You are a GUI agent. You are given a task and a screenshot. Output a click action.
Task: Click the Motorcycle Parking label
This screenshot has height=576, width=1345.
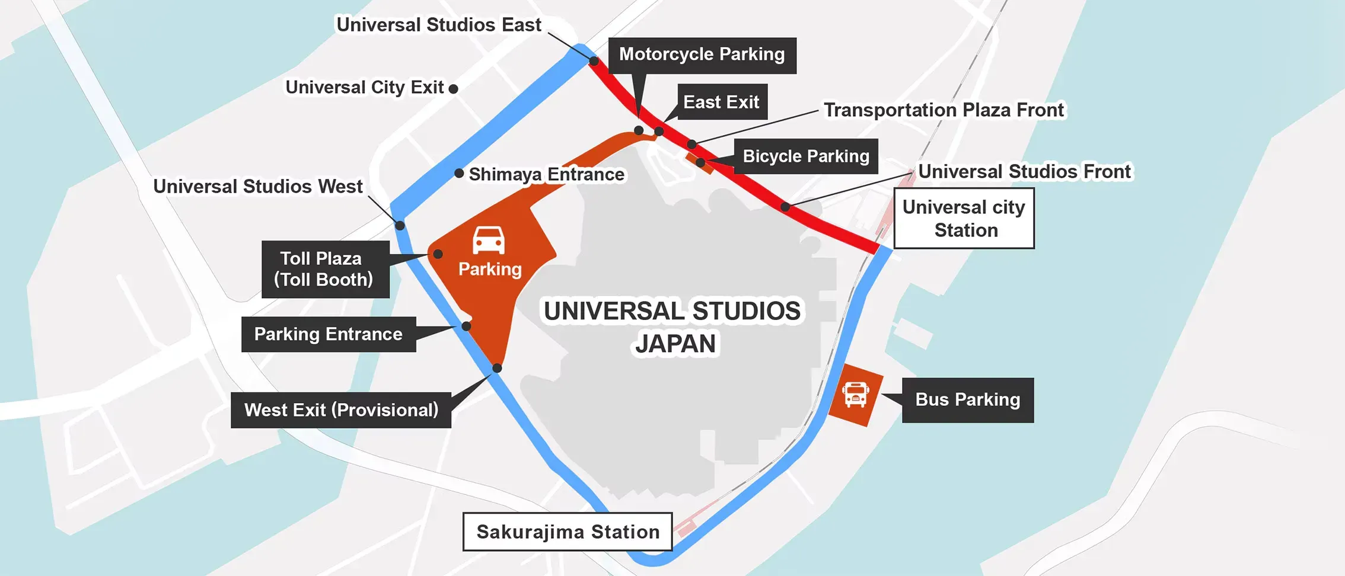(x=702, y=55)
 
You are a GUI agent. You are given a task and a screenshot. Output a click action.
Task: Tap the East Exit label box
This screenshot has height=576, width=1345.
(x=722, y=102)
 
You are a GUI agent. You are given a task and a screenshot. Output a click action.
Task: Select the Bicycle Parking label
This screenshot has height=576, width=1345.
(x=806, y=156)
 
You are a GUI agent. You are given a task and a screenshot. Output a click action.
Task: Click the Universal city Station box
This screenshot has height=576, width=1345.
(x=964, y=218)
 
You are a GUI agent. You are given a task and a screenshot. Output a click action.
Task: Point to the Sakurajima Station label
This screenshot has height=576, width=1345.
(x=568, y=532)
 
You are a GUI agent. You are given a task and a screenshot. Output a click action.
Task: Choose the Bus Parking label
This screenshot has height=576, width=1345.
(x=967, y=400)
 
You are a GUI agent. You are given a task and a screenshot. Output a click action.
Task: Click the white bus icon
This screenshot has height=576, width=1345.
(x=855, y=395)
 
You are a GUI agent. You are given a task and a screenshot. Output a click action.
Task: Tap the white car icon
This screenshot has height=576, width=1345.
(x=489, y=240)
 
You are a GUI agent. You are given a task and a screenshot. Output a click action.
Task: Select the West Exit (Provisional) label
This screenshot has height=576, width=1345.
(x=341, y=410)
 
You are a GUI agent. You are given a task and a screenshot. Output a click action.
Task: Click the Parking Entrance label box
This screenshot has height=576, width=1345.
(x=329, y=334)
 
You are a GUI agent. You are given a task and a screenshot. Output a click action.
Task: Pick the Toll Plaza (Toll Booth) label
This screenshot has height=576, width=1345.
(x=325, y=269)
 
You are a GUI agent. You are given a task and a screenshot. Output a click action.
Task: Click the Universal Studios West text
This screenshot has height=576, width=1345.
(x=257, y=187)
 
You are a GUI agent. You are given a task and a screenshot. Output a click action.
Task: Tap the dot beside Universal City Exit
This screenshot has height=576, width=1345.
(x=454, y=89)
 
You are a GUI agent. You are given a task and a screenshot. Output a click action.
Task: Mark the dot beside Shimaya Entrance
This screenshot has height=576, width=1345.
(x=459, y=174)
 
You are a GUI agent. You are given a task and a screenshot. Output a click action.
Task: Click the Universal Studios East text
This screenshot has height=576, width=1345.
(x=438, y=25)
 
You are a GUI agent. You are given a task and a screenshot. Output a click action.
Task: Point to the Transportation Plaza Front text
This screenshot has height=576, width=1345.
(x=944, y=110)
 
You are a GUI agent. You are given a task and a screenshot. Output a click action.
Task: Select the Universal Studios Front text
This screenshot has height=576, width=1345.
(x=1024, y=172)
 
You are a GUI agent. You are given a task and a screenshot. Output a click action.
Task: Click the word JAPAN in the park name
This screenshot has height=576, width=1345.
(x=675, y=344)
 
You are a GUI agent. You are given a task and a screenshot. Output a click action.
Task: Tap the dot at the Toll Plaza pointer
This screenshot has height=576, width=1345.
(x=438, y=254)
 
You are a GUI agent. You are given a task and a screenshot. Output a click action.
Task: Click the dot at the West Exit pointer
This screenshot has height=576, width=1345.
(x=497, y=369)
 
